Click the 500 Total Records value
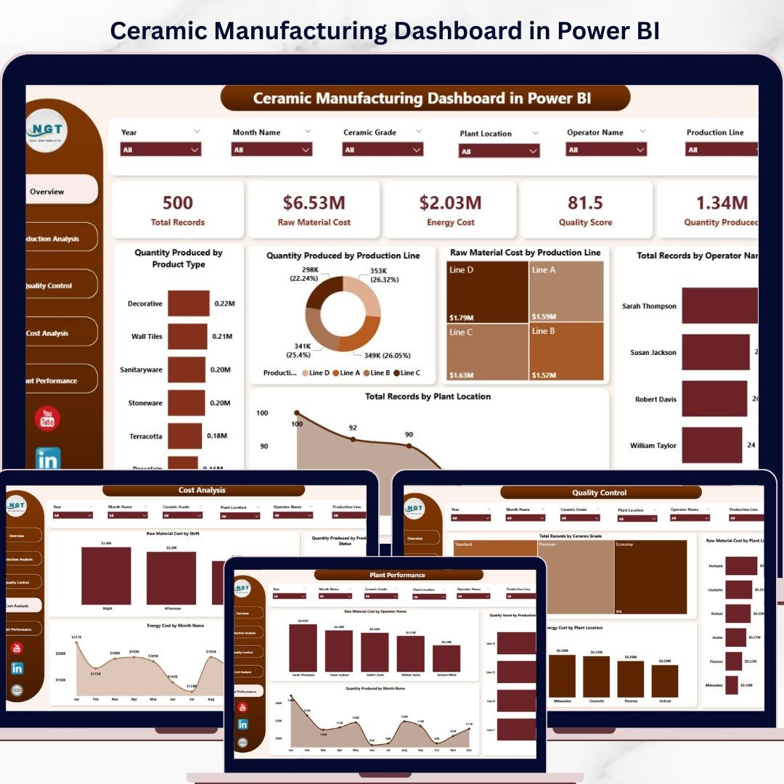pos(177,203)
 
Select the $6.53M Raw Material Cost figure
pos(314,203)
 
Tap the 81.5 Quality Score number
pos(585,203)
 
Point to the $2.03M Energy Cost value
pos(450,203)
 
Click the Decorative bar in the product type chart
pos(188,303)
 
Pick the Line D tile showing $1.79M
pos(486,291)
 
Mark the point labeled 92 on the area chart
pos(353,438)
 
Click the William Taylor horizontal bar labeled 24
pos(711,445)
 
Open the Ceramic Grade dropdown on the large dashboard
pos(383,150)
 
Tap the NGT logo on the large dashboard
pos(46,131)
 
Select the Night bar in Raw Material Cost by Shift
pos(106,576)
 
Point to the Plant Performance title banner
pos(398,575)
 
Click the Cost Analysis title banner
pos(202,491)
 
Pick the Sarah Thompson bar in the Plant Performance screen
pos(303,648)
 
